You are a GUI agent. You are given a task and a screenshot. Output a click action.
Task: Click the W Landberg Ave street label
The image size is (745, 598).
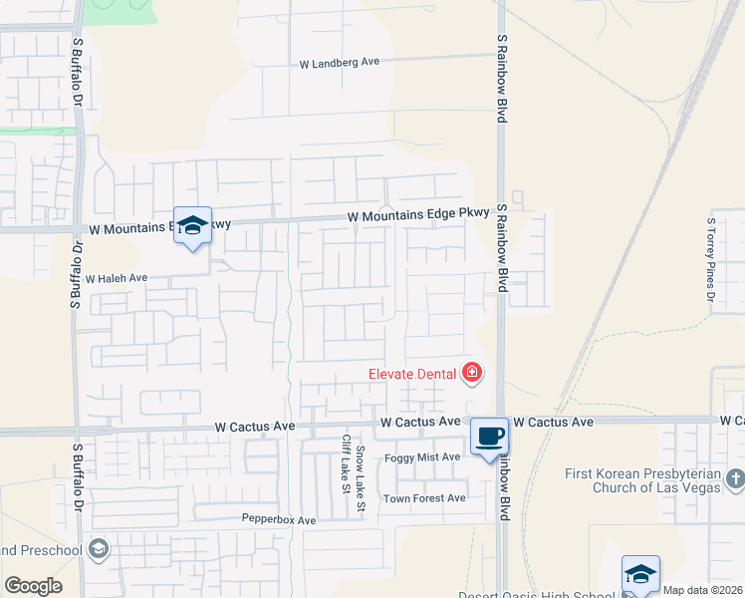[x=340, y=62]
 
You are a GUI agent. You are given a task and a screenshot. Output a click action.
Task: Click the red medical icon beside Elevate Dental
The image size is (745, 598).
[x=472, y=374]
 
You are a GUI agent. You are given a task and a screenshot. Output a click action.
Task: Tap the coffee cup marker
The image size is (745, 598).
[x=489, y=437]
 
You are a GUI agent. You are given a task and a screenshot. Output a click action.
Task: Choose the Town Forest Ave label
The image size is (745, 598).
[x=424, y=498]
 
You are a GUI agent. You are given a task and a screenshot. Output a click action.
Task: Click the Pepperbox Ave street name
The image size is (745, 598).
[x=279, y=520]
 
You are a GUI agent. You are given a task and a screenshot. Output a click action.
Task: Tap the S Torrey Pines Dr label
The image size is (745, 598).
[x=711, y=260]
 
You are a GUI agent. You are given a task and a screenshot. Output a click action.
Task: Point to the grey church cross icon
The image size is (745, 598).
[x=735, y=479]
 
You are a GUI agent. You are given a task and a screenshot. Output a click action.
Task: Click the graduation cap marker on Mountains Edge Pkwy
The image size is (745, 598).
[x=193, y=226]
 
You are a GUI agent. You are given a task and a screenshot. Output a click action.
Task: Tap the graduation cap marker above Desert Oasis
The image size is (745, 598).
[x=640, y=575]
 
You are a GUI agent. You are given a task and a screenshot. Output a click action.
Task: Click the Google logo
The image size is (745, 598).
[x=33, y=586]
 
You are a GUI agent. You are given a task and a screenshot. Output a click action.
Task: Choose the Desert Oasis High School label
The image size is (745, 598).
[x=538, y=595]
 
